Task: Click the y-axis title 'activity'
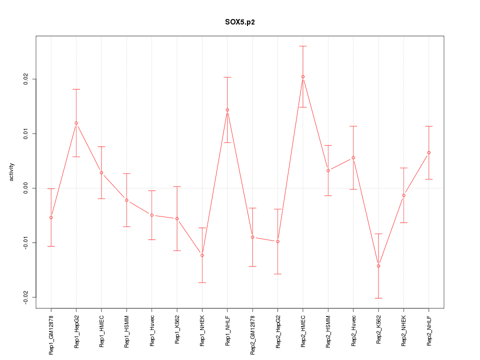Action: pyautogui.click(x=11, y=171)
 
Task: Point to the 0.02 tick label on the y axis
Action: pyautogui.click(x=25, y=79)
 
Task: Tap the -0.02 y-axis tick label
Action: pyautogui.click(x=25, y=297)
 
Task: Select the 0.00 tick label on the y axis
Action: pyautogui.click(x=25, y=188)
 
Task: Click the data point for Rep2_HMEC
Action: pyautogui.click(x=303, y=76)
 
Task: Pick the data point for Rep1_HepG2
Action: pyautogui.click(x=76, y=123)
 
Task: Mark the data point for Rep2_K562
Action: pyautogui.click(x=378, y=266)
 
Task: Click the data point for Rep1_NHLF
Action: pyautogui.click(x=227, y=110)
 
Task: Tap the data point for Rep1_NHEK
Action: pyautogui.click(x=202, y=255)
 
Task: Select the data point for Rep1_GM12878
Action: pyautogui.click(x=51, y=217)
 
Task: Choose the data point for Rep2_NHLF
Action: pyautogui.click(x=429, y=152)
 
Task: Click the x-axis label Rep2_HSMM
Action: pyautogui.click(x=328, y=331)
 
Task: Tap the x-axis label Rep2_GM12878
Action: pyautogui.click(x=253, y=333)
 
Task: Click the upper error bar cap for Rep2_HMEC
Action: pyautogui.click(x=303, y=46)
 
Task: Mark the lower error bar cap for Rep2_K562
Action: pyautogui.click(x=378, y=298)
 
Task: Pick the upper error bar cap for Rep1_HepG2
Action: pyautogui.click(x=76, y=89)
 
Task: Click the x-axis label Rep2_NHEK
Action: pyautogui.click(x=404, y=331)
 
